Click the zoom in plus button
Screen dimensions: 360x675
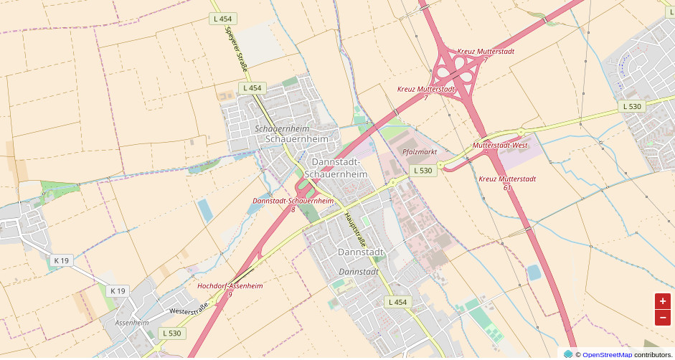(662, 301)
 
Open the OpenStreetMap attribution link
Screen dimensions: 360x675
(607, 354)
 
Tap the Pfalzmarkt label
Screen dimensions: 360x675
(420, 152)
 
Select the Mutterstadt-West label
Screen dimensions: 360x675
(500, 146)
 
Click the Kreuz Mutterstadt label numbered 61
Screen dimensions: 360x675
(507, 179)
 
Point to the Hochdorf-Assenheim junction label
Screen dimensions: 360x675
(230, 286)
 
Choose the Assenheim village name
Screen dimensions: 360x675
(131, 323)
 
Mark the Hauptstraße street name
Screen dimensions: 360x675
(354, 225)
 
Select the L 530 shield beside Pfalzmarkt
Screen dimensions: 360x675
(423, 171)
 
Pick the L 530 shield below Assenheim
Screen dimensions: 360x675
(171, 333)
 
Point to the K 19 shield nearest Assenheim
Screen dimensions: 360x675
(118, 290)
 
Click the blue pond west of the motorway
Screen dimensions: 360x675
(205, 209)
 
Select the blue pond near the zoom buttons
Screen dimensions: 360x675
(534, 273)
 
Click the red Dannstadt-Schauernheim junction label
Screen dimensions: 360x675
(293, 201)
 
